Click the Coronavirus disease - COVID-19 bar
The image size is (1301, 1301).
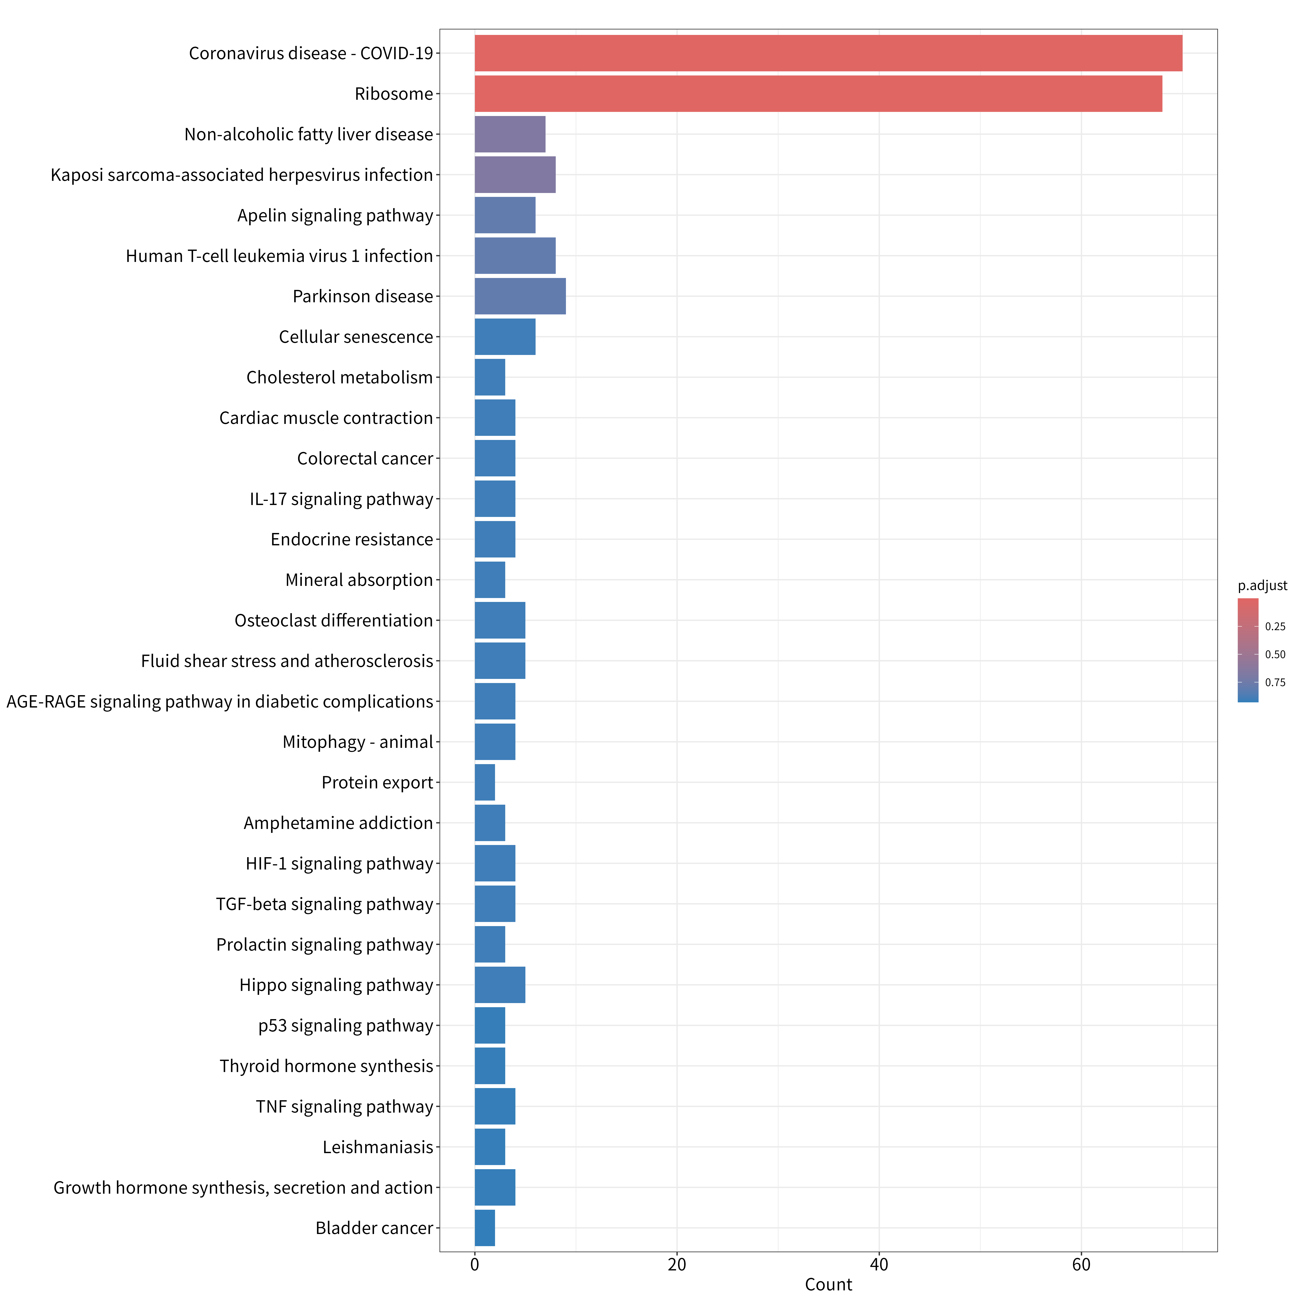(828, 53)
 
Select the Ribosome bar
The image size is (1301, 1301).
(818, 94)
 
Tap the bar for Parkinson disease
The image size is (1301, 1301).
(520, 296)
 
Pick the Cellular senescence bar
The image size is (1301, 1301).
(505, 337)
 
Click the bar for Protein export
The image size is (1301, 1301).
(485, 783)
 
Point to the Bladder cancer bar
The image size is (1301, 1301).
(485, 1228)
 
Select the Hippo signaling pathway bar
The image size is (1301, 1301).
(500, 985)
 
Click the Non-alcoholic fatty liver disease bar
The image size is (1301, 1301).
(510, 134)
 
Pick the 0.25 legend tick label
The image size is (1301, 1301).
(1275, 626)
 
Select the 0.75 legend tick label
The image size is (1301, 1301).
(1275, 682)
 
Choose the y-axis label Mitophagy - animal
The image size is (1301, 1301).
(358, 742)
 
